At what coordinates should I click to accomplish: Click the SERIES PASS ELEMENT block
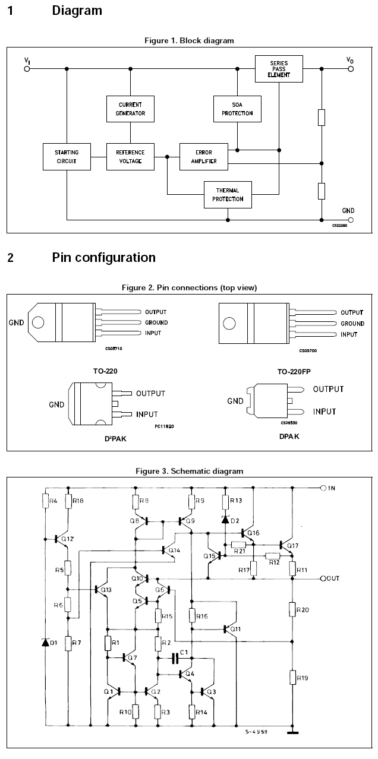[x=279, y=69]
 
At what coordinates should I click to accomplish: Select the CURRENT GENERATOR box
[x=130, y=109]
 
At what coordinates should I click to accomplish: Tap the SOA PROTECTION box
[x=237, y=109]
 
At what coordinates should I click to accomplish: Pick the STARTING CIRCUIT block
[x=67, y=157]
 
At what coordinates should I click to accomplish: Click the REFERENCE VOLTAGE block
[x=130, y=157]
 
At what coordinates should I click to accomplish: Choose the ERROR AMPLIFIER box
[x=204, y=157]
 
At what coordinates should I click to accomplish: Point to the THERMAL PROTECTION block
[x=228, y=194]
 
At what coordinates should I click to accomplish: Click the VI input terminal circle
[x=27, y=69]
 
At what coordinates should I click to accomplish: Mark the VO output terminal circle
[x=351, y=69]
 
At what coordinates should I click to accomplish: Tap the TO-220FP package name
[x=294, y=372]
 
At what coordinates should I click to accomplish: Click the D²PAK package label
[x=115, y=439]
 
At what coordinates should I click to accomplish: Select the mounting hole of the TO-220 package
[x=38, y=322]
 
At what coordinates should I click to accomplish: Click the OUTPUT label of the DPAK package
[x=328, y=389]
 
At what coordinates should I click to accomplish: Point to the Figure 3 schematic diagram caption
[x=189, y=471]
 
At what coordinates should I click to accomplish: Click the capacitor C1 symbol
[x=175, y=659]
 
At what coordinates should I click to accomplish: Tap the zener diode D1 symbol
[x=45, y=642]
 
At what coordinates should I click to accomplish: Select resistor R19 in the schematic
[x=292, y=678]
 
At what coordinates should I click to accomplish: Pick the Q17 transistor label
[x=293, y=545]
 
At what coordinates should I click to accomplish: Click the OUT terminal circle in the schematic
[x=323, y=578]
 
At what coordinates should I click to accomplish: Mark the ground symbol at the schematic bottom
[x=292, y=732]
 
